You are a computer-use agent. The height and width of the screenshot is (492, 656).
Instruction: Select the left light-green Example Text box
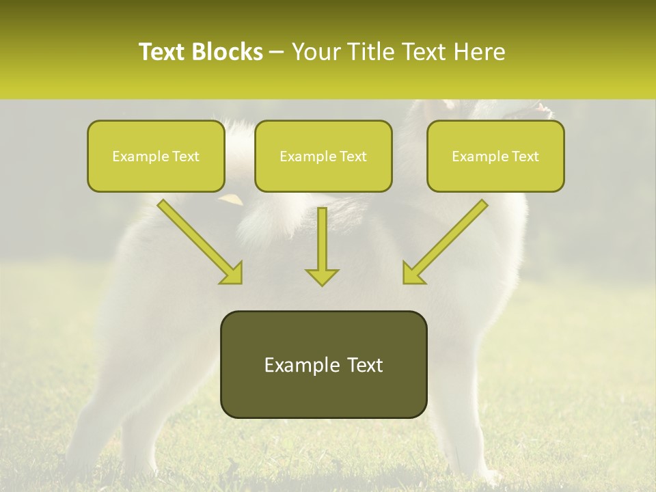(x=156, y=156)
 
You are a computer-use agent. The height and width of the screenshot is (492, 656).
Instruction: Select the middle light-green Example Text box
(x=323, y=156)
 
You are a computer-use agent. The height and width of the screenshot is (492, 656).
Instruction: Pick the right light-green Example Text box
(x=495, y=156)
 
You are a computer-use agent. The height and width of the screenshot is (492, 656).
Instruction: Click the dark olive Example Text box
(x=323, y=364)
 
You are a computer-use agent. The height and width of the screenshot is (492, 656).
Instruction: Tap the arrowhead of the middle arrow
(x=322, y=276)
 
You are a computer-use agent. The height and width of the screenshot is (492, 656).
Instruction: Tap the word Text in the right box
(x=525, y=156)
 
